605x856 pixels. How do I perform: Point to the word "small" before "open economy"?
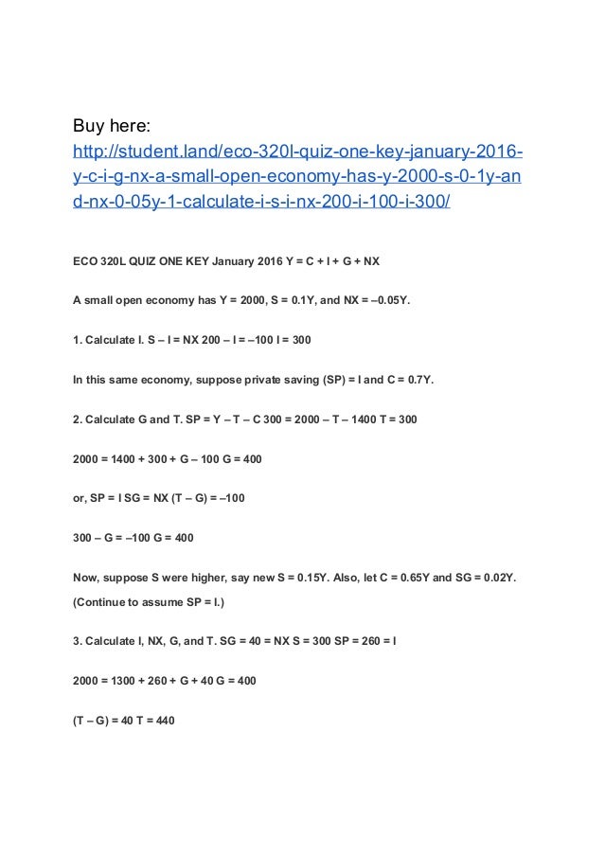[103, 302]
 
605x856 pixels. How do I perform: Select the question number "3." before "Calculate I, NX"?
[78, 640]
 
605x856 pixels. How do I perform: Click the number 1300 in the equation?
[132, 680]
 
